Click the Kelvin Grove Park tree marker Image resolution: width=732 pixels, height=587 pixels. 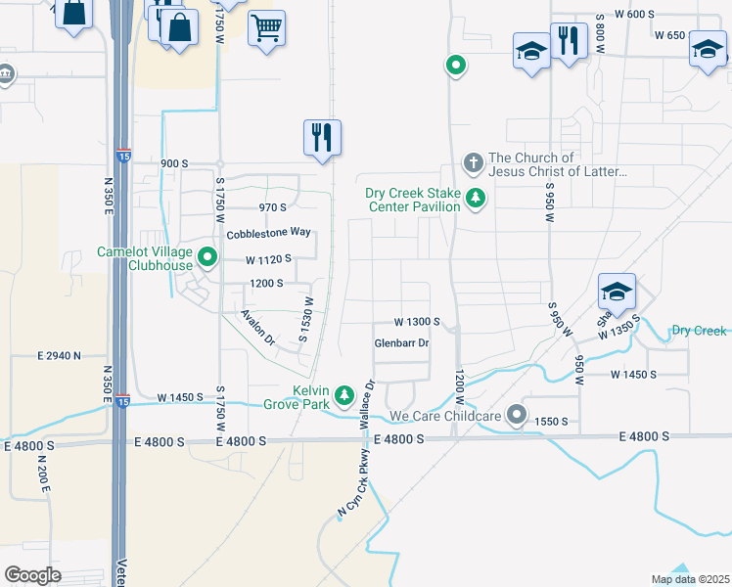pyautogui.click(x=343, y=395)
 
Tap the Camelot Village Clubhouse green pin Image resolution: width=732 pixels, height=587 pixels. pyautogui.click(x=207, y=258)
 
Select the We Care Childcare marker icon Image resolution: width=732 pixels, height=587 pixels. pyautogui.click(x=517, y=416)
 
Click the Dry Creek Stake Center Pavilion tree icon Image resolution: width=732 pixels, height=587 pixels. pyautogui.click(x=476, y=199)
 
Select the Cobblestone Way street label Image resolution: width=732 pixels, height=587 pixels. pyautogui.click(x=268, y=234)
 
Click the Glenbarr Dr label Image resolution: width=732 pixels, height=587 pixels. pyautogui.click(x=402, y=343)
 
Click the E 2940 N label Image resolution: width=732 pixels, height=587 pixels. pyautogui.click(x=59, y=355)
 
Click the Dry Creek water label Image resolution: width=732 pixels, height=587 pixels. pyautogui.click(x=699, y=331)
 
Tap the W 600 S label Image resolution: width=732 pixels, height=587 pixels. pyautogui.click(x=633, y=14)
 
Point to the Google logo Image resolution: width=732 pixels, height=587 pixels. pyautogui.click(x=33, y=574)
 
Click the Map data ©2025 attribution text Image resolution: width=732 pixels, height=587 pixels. pyautogui.click(x=690, y=579)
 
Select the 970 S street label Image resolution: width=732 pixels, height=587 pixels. pyautogui.click(x=272, y=207)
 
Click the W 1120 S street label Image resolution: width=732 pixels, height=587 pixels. pyautogui.click(x=268, y=259)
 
